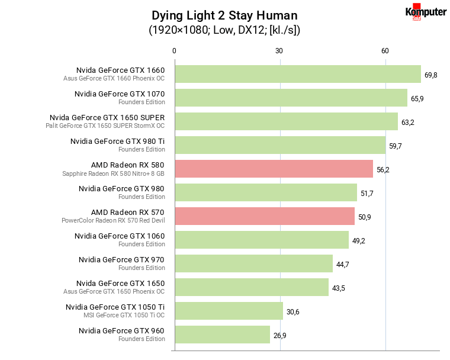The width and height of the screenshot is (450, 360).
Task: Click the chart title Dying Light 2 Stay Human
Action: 224,15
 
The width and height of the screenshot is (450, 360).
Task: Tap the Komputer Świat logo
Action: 425,12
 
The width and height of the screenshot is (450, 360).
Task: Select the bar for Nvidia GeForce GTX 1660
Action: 297,74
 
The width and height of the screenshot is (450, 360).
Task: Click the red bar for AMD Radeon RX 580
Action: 274,169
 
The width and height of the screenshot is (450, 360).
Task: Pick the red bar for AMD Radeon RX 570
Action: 264,216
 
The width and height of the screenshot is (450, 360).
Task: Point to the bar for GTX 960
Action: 222,335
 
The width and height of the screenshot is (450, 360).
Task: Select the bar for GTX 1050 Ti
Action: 229,311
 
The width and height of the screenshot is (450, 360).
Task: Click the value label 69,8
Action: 431,75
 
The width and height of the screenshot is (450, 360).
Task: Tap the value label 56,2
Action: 383,170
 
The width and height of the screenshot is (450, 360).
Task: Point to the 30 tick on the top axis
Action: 279,52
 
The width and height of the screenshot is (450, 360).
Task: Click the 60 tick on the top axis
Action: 385,52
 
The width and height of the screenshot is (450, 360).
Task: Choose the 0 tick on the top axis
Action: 174,52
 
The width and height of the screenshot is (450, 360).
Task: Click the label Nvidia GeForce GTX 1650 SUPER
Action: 107,117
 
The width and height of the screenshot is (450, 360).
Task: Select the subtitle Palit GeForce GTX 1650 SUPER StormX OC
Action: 105,126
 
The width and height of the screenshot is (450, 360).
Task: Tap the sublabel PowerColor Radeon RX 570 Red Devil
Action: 113,220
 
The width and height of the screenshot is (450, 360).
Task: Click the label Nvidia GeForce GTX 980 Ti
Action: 117,141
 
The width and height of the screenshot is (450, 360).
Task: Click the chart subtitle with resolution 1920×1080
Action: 224,30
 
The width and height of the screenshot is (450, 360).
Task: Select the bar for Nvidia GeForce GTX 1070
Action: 291,98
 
